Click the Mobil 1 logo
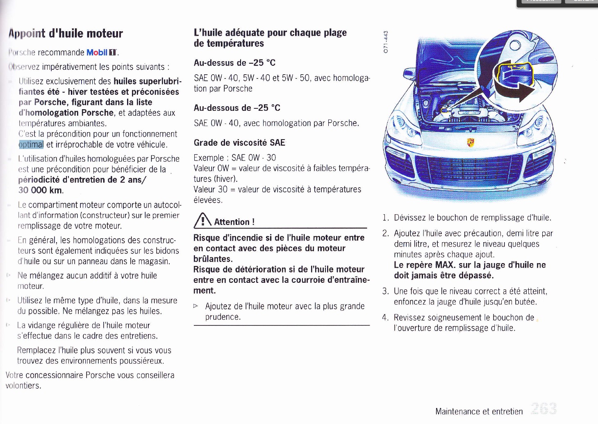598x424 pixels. point(102,53)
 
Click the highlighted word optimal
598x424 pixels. point(31,144)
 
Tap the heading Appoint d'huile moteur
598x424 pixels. point(66,34)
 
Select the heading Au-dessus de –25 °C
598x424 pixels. point(234,63)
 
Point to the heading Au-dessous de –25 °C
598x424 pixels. point(237,108)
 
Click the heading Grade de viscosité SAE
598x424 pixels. point(239,143)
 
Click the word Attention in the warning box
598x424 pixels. point(232,222)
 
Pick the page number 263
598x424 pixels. point(543,409)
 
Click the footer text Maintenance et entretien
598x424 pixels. point(479,411)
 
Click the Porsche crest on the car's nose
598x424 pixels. point(471,142)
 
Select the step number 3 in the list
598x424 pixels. point(385,291)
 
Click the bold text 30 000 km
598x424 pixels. point(41,190)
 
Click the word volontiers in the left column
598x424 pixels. point(23,386)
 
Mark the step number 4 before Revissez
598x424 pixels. point(385,318)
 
